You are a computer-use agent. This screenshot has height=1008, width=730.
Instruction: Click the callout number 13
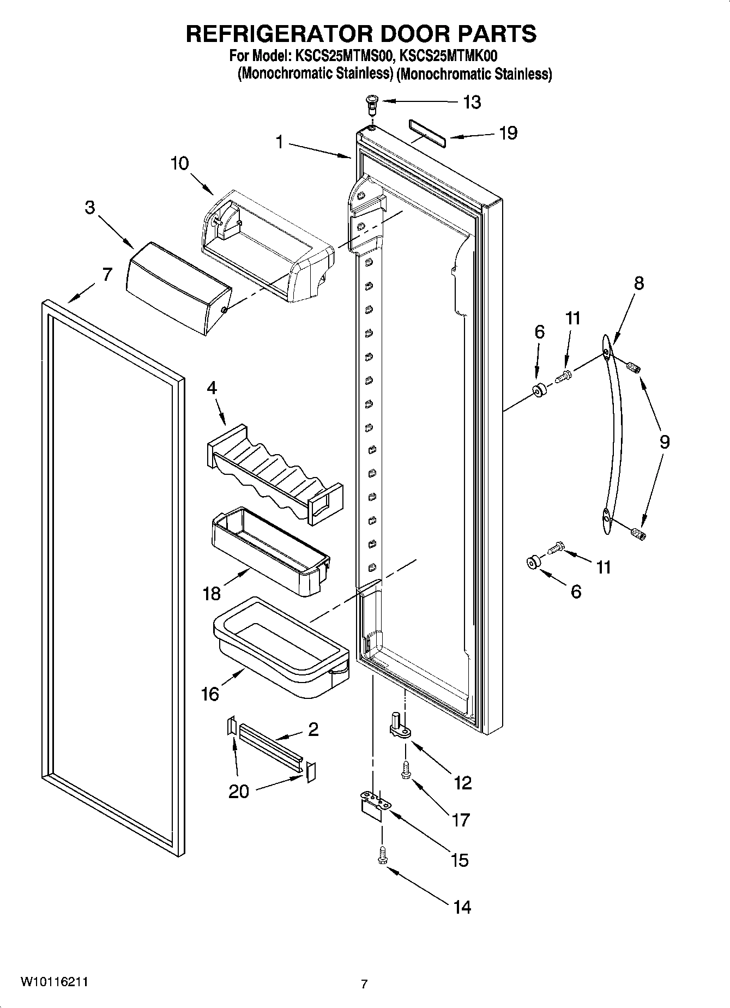click(x=472, y=102)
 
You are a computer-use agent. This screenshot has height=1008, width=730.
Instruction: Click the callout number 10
click(x=179, y=163)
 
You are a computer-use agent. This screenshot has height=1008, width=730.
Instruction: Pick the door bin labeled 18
click(x=270, y=551)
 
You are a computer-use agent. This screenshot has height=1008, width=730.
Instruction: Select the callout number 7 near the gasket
click(x=107, y=274)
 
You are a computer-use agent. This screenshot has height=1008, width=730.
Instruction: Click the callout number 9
click(x=664, y=442)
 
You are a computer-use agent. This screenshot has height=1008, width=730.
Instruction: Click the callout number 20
click(x=238, y=791)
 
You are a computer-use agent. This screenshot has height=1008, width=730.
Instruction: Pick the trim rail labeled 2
click(x=270, y=746)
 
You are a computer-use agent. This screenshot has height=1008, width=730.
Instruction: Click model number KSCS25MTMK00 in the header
click(x=448, y=56)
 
